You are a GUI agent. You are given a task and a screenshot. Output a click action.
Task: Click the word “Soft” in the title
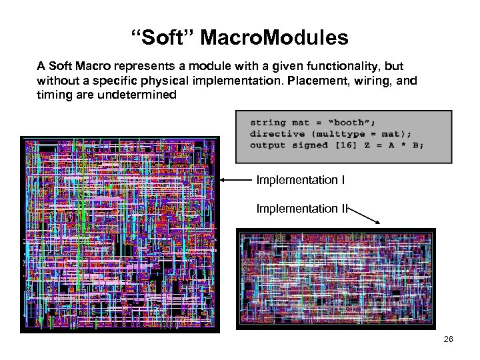pos(155,38)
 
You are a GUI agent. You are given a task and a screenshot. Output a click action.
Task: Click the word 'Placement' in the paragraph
pos(311,81)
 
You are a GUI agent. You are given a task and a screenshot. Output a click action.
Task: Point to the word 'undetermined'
pos(141,95)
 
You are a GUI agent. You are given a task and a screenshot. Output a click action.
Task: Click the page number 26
pos(448,340)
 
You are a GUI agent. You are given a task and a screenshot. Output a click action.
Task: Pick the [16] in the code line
pos(364,145)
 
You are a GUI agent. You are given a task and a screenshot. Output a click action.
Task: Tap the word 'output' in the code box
pos(267,145)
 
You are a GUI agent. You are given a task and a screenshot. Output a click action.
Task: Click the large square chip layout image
pos(120,234)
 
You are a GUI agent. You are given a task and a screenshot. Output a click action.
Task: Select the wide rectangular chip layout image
pos(336,279)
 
